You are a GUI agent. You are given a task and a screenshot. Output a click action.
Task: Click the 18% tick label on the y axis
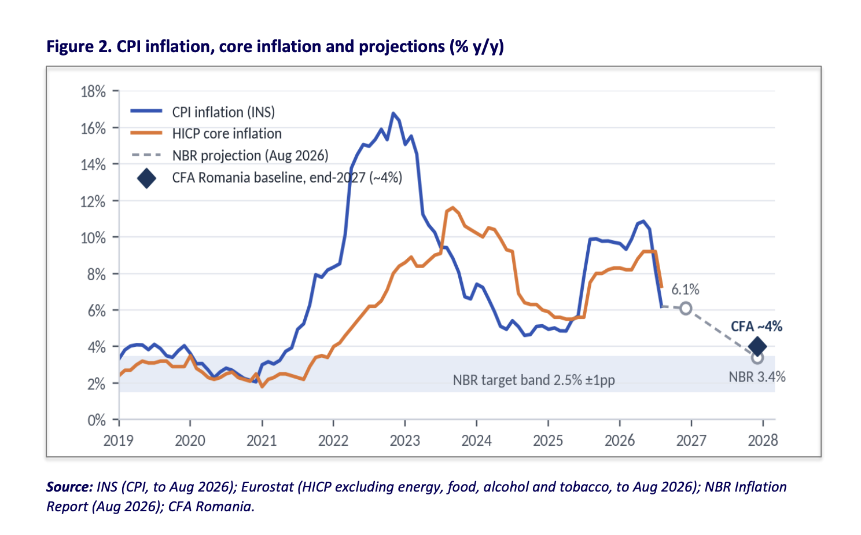coord(93,92)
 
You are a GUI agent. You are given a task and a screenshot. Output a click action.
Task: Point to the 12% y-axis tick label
coord(93,201)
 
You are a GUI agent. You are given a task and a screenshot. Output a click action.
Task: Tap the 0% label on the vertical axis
coord(97,420)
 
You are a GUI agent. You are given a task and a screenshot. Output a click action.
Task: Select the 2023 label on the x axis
coord(404,441)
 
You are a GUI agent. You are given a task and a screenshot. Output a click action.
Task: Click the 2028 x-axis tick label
coord(763,441)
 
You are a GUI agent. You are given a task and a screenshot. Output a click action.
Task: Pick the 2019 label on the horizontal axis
coord(119,441)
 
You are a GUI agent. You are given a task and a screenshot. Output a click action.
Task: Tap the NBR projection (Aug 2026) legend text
coord(250,156)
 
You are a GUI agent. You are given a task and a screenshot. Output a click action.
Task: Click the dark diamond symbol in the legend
coord(146,178)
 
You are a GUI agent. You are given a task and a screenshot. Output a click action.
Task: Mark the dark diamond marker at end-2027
coord(757,346)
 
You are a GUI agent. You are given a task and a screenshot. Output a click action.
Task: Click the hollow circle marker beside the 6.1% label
coord(686,308)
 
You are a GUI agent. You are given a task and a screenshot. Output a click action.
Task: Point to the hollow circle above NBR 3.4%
coord(757,358)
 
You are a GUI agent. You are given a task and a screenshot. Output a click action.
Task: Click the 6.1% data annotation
coord(685,290)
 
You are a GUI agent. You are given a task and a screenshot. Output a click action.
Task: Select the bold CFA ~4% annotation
coord(756,327)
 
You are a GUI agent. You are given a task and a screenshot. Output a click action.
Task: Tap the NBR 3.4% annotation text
coord(757,377)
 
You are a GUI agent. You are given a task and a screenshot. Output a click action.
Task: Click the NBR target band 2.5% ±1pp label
coord(533,380)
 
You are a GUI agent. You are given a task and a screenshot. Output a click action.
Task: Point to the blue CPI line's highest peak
coord(393,113)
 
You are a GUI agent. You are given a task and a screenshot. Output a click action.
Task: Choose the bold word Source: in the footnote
coord(69,487)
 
